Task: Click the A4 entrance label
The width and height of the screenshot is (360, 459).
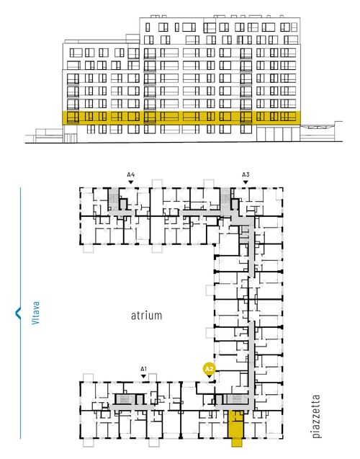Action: click(131, 175)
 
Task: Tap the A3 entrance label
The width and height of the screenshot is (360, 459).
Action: click(246, 175)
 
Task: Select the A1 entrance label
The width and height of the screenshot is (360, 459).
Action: click(143, 369)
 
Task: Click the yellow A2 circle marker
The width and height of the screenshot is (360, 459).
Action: click(209, 368)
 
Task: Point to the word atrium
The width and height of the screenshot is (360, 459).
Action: click(146, 316)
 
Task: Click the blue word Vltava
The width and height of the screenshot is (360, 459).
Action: click(35, 313)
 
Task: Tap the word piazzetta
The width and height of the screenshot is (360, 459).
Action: click(316, 416)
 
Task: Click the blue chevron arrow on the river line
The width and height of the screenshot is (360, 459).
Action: click(18, 313)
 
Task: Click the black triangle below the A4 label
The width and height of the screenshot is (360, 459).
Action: click(131, 182)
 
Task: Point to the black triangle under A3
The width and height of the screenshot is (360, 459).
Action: click(246, 182)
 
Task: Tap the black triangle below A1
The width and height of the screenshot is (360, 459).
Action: click(143, 376)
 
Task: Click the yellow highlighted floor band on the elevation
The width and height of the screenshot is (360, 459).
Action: click(181, 117)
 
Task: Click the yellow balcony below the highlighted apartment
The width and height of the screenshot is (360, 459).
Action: click(237, 442)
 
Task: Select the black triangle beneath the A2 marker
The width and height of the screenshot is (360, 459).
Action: click(209, 376)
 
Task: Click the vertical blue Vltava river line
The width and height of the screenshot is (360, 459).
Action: click(20, 313)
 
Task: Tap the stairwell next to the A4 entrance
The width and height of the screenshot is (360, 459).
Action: click(113, 199)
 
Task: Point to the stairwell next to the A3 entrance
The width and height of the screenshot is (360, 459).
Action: click(225, 199)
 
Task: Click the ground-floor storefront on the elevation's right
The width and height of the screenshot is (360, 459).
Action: click(278, 134)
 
